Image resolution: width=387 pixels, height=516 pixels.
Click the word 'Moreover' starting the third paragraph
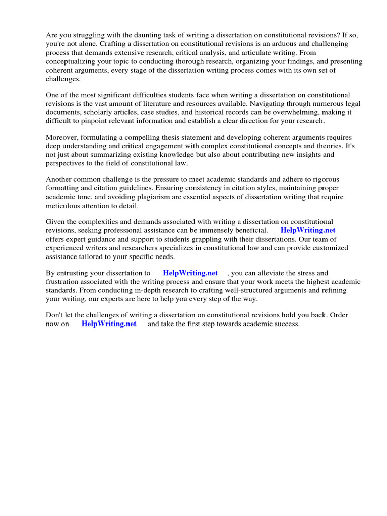pyautogui.click(x=63, y=138)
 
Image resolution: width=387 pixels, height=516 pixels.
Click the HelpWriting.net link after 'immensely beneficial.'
pyautogui.click(x=307, y=230)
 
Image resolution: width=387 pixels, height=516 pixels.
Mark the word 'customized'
pyautogui.click(x=331, y=248)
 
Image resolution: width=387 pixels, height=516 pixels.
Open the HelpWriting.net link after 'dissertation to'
pyautogui.click(x=190, y=273)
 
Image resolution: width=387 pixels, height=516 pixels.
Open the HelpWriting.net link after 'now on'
pyautogui.click(x=108, y=324)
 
